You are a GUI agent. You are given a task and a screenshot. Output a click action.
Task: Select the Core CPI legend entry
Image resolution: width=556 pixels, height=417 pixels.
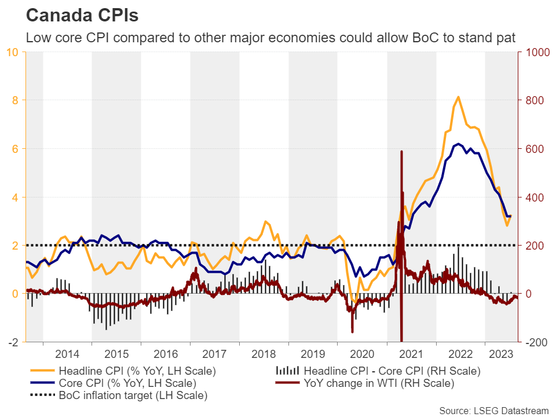pyautogui.click(x=127, y=383)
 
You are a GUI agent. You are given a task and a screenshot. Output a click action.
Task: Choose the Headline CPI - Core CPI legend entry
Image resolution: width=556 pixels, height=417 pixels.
pyautogui.click(x=392, y=371)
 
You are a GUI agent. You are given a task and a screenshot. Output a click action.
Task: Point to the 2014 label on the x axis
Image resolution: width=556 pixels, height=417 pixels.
pyautogui.click(x=67, y=353)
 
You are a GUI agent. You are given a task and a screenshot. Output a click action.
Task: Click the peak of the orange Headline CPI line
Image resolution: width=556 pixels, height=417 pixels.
pyautogui.click(x=459, y=97)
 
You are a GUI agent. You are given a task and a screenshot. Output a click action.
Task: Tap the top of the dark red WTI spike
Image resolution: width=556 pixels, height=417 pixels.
pyautogui.click(x=401, y=151)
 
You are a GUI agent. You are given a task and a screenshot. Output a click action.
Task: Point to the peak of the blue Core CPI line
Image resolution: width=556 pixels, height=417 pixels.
pyautogui.click(x=458, y=144)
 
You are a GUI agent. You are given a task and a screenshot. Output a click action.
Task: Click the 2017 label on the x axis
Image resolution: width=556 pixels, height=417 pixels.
pyautogui.click(x=215, y=353)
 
